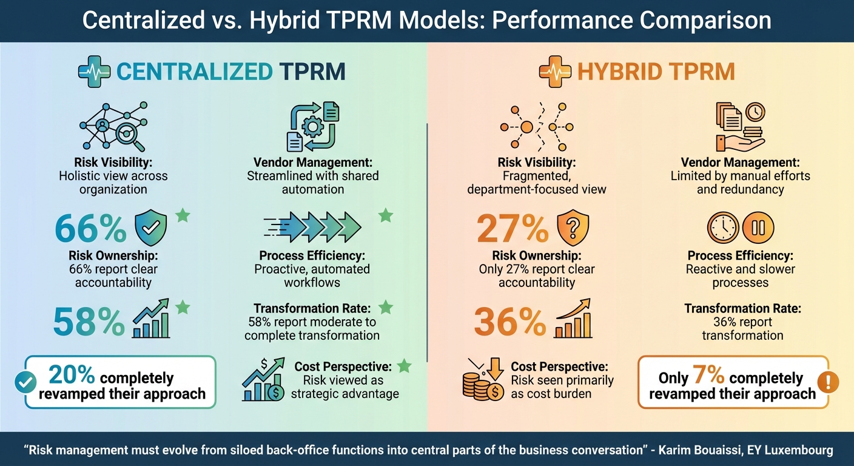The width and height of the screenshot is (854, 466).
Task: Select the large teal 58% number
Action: pyautogui.click(x=89, y=322)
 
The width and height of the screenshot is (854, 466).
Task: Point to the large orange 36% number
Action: pyautogui.click(x=510, y=322)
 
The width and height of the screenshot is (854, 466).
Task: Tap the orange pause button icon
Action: pyautogui.click(x=758, y=228)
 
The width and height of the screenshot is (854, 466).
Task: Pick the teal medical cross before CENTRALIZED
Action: pyautogui.click(x=93, y=72)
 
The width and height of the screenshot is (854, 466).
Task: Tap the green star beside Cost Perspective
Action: pyautogui.click(x=403, y=366)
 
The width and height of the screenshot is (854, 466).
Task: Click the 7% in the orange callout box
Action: pyautogui.click(x=708, y=377)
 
